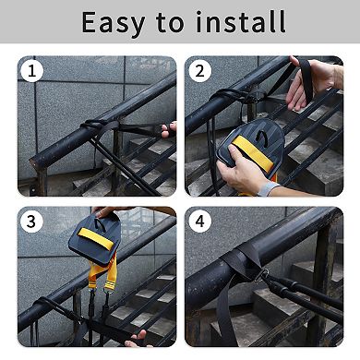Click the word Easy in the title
tap(114, 23)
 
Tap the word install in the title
tap(241, 21)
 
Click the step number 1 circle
tap(32, 71)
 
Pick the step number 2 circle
tap(199, 71)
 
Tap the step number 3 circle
tap(32, 222)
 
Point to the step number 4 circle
tap(199, 222)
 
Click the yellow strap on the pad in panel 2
tap(253, 153)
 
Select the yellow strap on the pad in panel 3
tap(96, 238)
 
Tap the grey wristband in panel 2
tap(269, 188)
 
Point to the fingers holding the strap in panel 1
tap(169, 129)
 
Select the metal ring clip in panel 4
tap(260, 275)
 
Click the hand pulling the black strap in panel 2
tap(311, 82)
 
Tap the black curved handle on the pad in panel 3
tap(101, 224)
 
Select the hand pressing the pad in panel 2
tap(241, 170)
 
